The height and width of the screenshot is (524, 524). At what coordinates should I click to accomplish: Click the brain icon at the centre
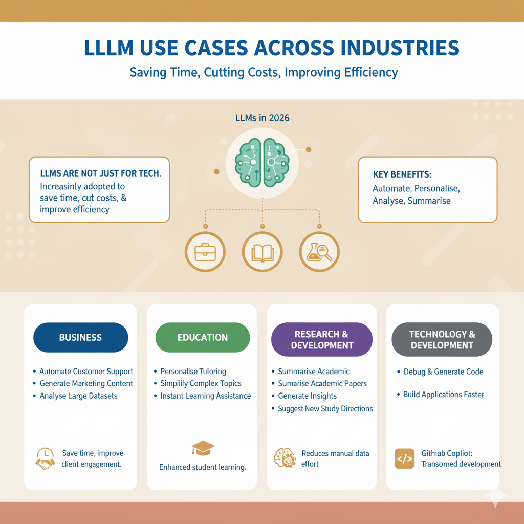coord(262,162)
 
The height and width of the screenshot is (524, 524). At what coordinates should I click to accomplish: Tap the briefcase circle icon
coord(205,251)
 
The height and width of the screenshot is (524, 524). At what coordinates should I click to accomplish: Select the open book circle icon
coord(262,251)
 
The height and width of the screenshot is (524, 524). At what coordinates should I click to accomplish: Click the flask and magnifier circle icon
coord(319,251)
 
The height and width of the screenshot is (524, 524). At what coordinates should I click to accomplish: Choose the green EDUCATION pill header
coord(203,337)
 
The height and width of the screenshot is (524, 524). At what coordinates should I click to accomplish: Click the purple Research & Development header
coord(321,339)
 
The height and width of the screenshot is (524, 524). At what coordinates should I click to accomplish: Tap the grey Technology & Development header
coord(442,339)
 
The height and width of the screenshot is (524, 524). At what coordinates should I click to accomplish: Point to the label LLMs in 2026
coord(262,118)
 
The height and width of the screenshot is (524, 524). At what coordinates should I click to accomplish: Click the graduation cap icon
coord(203,449)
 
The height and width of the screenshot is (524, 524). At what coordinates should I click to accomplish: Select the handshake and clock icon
coord(45,458)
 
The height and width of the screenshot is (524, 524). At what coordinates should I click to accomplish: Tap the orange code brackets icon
coord(405,458)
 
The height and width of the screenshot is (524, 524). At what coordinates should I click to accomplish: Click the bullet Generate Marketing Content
coord(86,383)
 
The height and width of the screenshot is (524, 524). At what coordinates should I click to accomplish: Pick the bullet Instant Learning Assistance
coord(205,396)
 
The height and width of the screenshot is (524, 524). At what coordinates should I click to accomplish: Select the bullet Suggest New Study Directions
coord(325,408)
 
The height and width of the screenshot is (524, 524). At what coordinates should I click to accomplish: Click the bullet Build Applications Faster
coord(443,395)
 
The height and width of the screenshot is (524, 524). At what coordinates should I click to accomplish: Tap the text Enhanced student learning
coord(203,467)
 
